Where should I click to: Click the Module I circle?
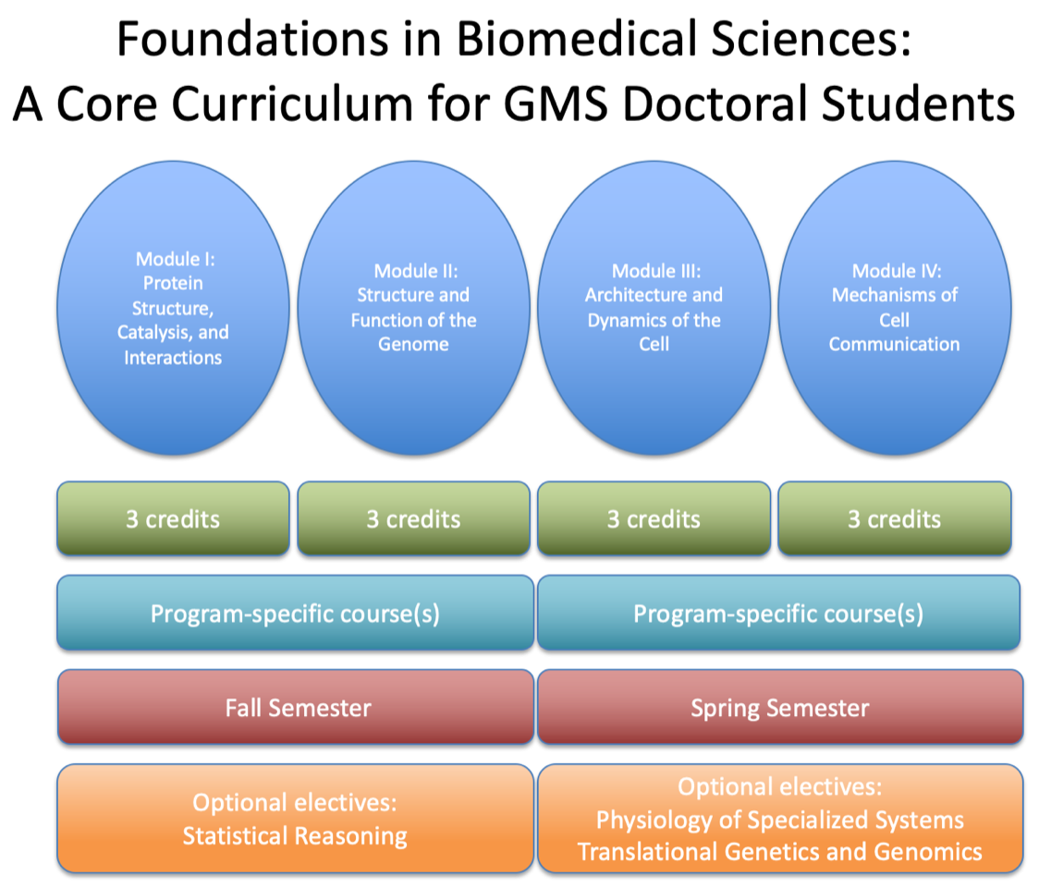pyautogui.click(x=173, y=308)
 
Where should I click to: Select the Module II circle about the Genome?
pyautogui.click(x=413, y=308)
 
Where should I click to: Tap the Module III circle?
pyautogui.click(x=654, y=308)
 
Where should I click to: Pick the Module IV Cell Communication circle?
pyautogui.click(x=895, y=308)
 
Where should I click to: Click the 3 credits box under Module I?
pyautogui.click(x=173, y=518)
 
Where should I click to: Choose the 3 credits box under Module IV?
pyautogui.click(x=895, y=518)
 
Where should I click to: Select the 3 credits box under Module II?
pyautogui.click(x=413, y=518)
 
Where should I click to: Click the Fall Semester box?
pyautogui.click(x=296, y=708)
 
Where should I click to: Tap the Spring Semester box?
pyautogui.click(x=780, y=708)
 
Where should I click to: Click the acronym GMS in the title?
pyautogui.click(x=556, y=104)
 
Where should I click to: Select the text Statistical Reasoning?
pyautogui.click(x=295, y=836)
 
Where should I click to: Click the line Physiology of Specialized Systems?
pyautogui.click(x=780, y=820)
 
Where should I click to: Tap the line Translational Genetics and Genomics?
pyautogui.click(x=780, y=852)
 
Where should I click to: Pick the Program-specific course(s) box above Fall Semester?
pyautogui.click(x=296, y=614)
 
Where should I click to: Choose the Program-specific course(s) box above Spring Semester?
pyautogui.click(x=778, y=614)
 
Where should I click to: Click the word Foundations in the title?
pyautogui.click(x=252, y=39)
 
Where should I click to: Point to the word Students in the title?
pyautogui.click(x=918, y=104)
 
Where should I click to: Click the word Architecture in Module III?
pyautogui.click(x=630, y=295)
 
